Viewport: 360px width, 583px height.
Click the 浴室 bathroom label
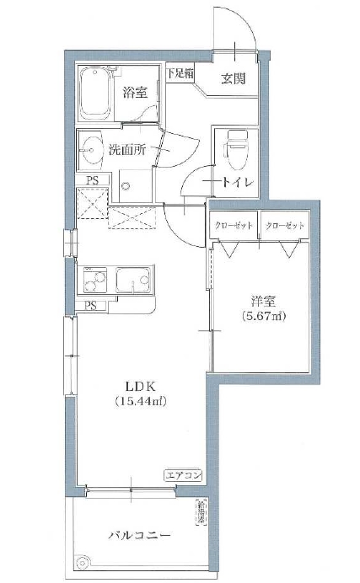(135, 92)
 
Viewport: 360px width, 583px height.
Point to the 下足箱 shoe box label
(180, 73)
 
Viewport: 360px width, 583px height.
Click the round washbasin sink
(90, 152)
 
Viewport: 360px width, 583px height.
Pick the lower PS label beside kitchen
(90, 305)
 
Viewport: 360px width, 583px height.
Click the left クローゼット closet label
(234, 226)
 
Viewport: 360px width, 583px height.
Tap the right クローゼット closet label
(283, 226)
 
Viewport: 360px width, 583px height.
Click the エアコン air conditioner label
(183, 475)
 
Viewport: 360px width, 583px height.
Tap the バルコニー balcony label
(141, 536)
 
